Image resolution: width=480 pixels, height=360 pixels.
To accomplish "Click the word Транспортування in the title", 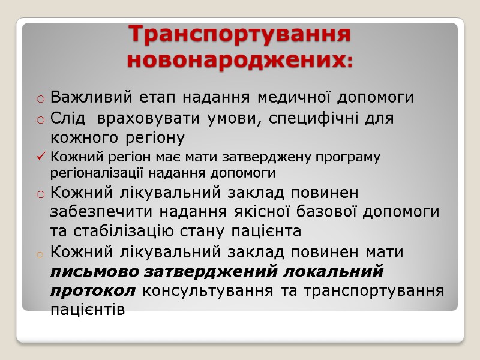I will pyautogui.click(x=240, y=34).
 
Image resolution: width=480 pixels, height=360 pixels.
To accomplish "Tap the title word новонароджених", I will pyautogui.click(x=236, y=61).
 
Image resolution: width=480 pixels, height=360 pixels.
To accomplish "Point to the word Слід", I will pyautogui.click(x=67, y=118).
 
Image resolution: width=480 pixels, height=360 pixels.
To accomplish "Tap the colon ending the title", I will pyautogui.click(x=350, y=62).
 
